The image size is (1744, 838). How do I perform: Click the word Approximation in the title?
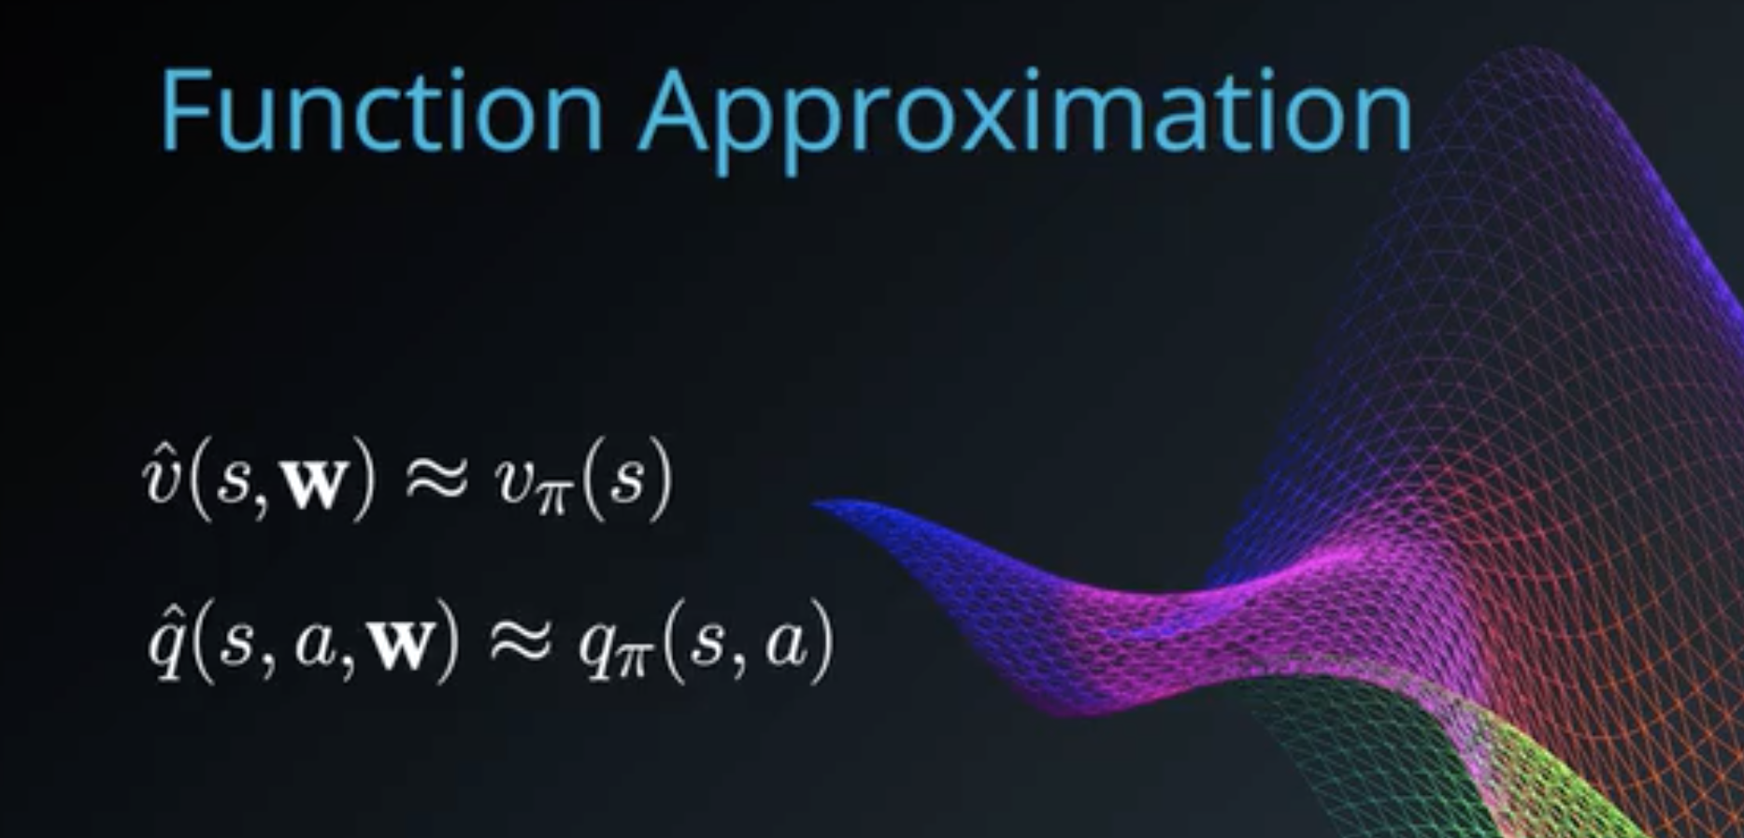pyautogui.click(x=1026, y=120)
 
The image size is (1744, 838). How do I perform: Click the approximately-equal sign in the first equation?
pyautogui.click(x=434, y=486)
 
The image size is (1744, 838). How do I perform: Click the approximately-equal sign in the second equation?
pyautogui.click(x=519, y=644)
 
